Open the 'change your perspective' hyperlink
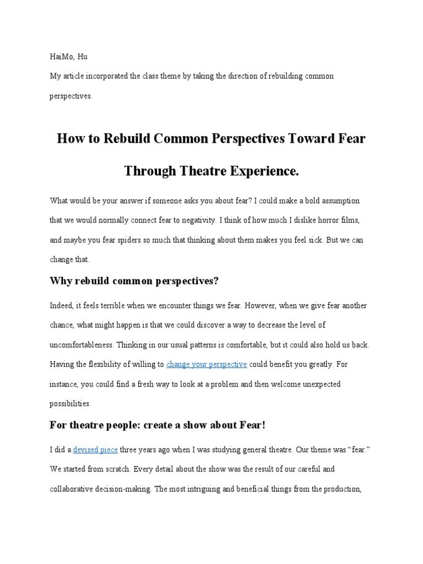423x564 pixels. pos(207,365)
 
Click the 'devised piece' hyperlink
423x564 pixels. pos(95,450)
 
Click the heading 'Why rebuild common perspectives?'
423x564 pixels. pos(134,281)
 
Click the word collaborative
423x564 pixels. pos(73,489)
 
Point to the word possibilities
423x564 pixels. pos(70,404)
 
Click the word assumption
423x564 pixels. pos(338,201)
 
